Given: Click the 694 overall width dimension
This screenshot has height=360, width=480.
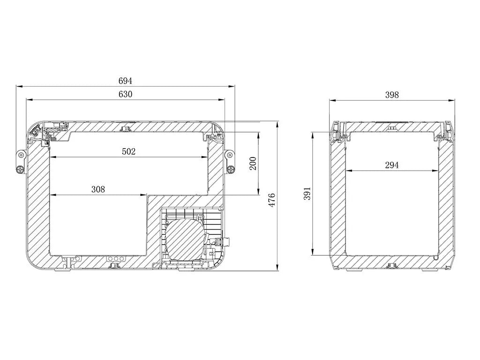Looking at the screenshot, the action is pos(125,81).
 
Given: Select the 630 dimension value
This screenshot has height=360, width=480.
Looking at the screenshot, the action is pos(125,94).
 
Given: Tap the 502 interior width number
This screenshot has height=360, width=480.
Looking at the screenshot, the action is pos(128,151).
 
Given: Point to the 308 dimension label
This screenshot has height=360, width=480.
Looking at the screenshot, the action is pos(98,189).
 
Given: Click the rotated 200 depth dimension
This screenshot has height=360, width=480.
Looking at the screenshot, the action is pos(253,164).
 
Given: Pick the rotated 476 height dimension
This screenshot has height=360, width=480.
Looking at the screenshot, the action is pos(272,200).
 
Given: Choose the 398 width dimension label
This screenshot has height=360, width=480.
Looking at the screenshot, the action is pos(392,95).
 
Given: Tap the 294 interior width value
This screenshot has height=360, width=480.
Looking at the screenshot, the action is pos(392,165).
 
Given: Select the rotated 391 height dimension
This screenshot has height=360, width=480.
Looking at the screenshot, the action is pos(307,194).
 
